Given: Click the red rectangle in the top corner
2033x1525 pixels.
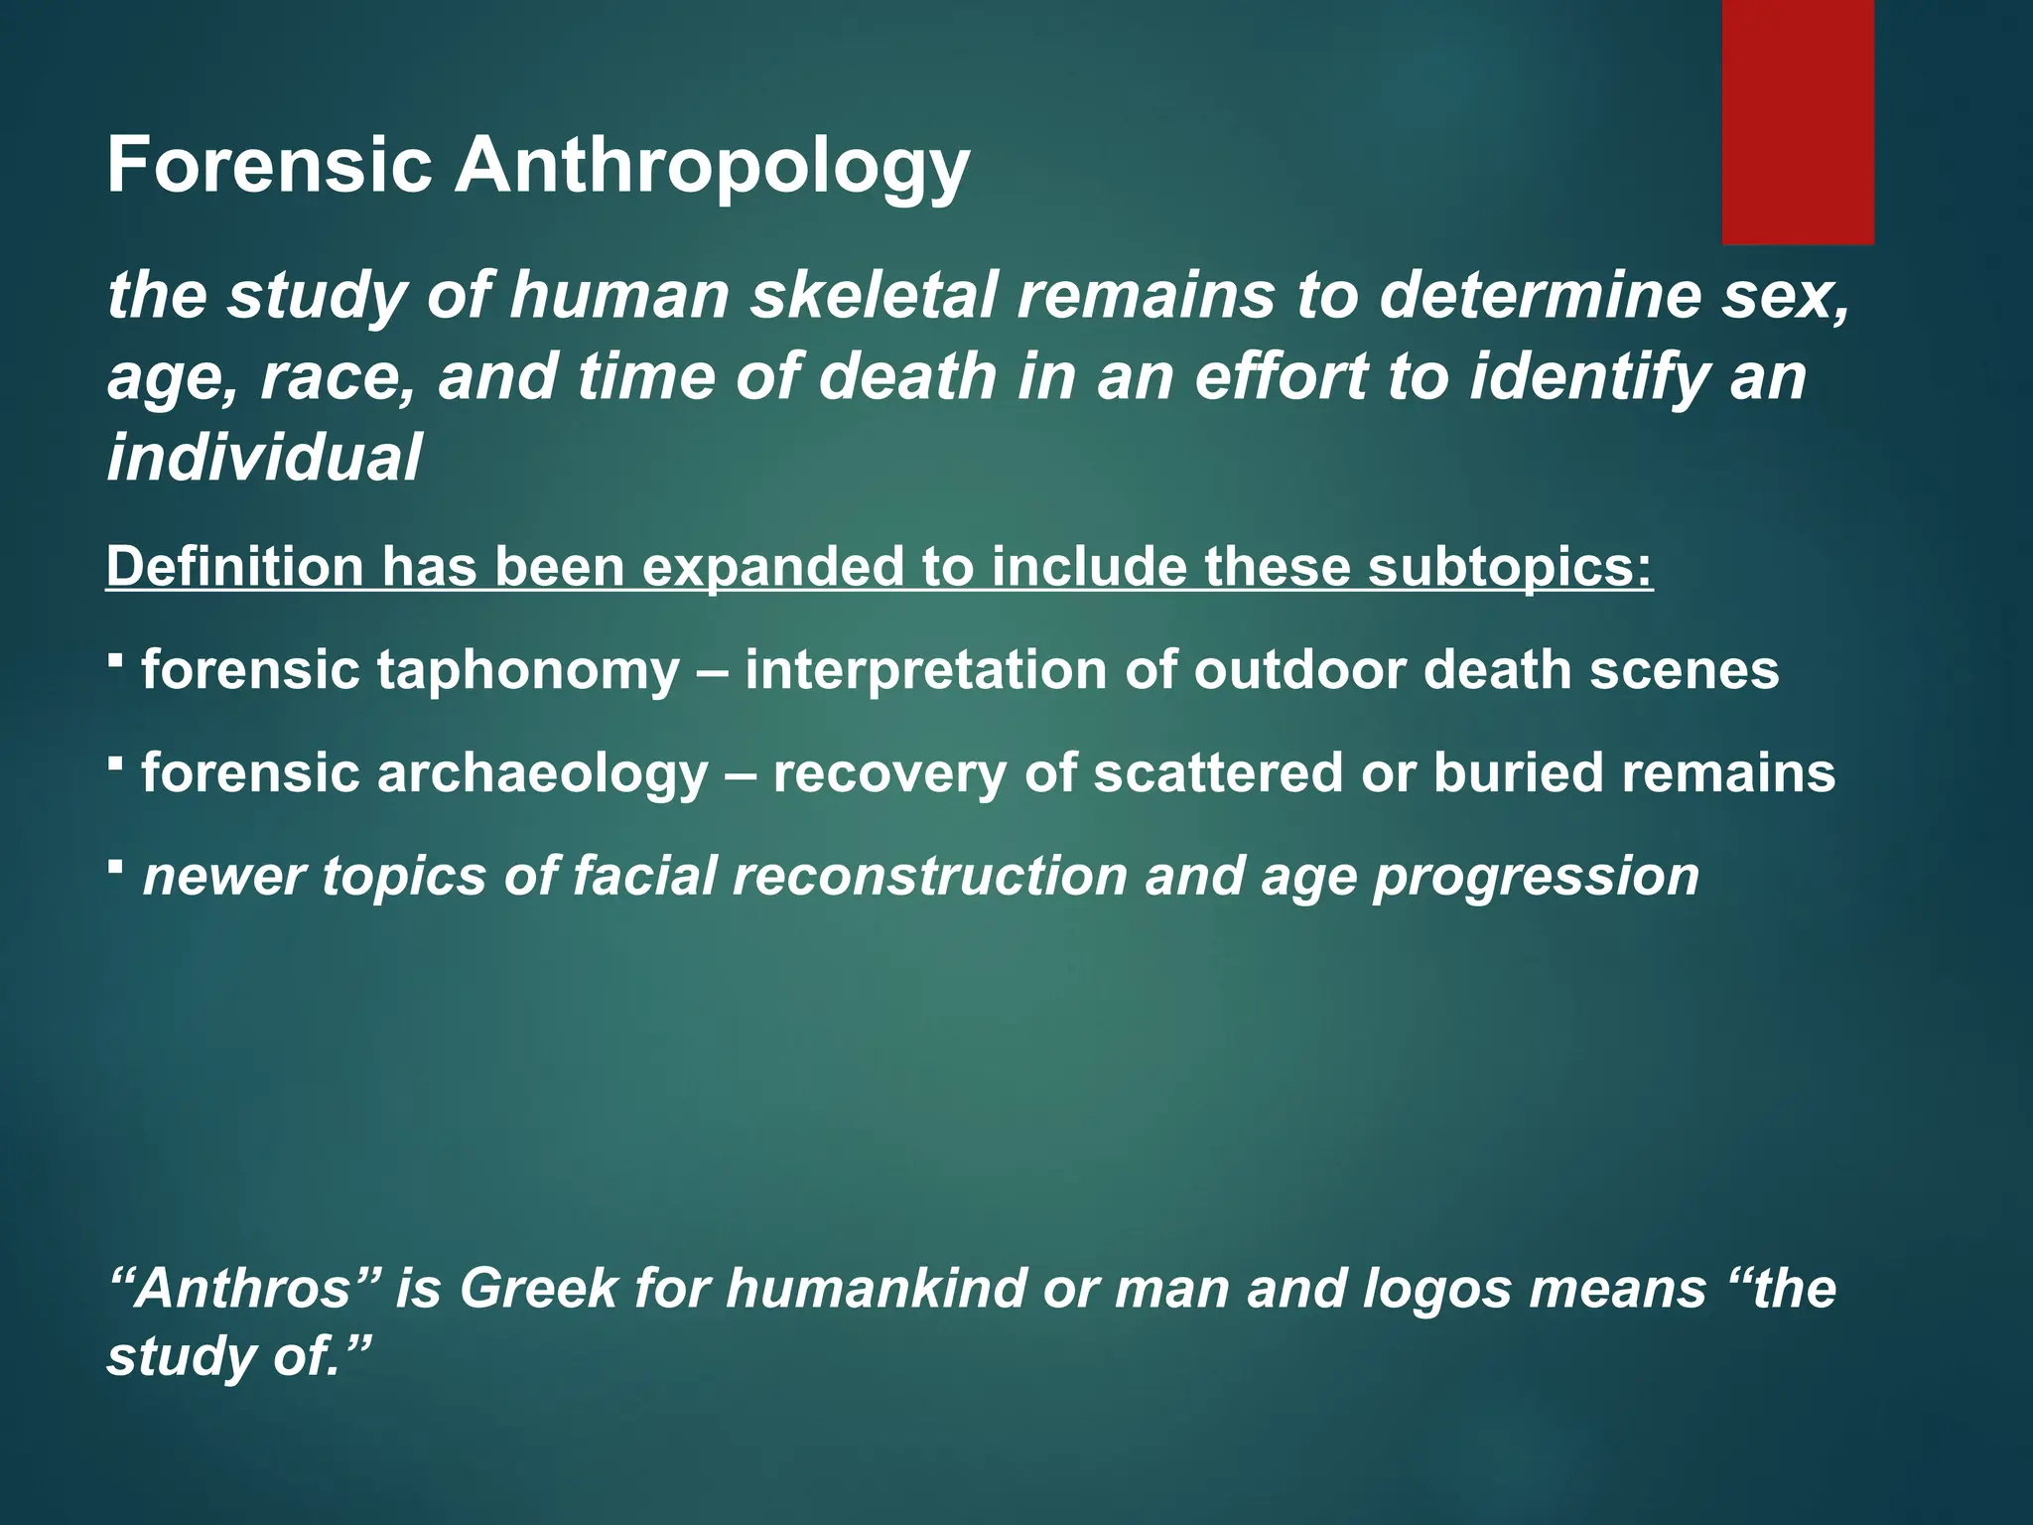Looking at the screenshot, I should pos(1798,122).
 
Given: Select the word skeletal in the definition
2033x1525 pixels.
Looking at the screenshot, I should pos(873,296).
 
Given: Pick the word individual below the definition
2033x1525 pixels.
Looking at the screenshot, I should pos(264,458).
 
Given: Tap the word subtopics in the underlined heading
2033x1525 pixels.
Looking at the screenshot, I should pos(1510,567).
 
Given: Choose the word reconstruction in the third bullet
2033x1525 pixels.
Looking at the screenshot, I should pos(930,877).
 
